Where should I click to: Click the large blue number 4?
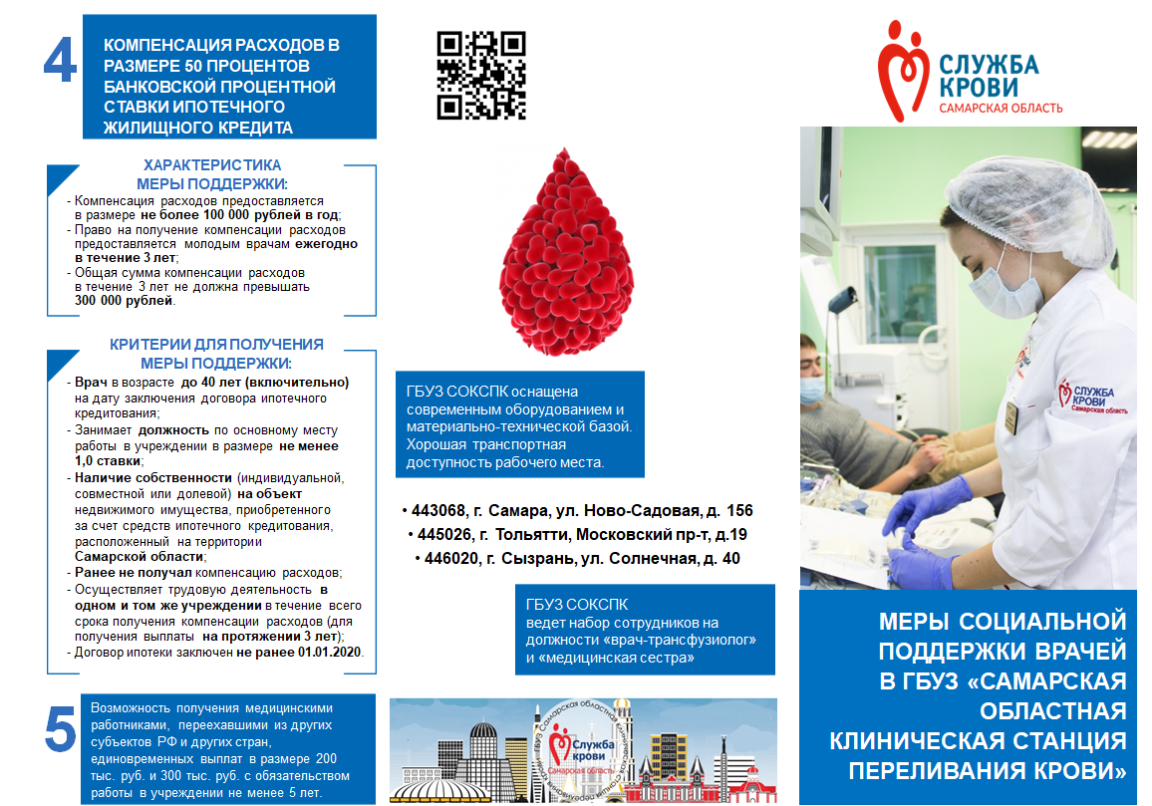[60, 61]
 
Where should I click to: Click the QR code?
[480, 76]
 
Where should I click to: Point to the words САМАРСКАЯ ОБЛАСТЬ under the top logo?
[1001, 108]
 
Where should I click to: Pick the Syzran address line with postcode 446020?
[577, 558]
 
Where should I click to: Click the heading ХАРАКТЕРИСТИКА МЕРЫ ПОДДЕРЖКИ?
[212, 174]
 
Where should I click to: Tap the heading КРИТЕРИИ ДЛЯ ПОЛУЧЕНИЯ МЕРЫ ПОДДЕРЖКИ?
[216, 354]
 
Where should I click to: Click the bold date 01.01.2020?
[331, 653]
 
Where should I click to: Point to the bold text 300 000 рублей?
[125, 300]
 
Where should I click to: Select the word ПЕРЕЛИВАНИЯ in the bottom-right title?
[922, 770]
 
